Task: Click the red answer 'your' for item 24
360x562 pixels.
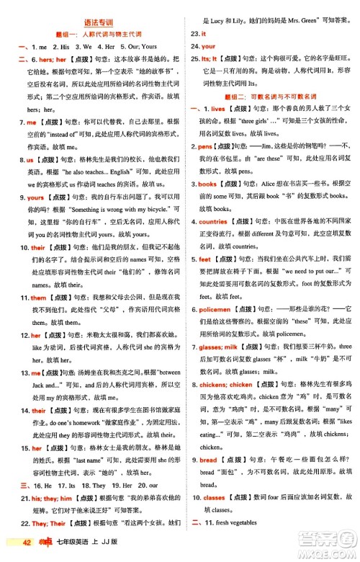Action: click(x=210, y=46)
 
